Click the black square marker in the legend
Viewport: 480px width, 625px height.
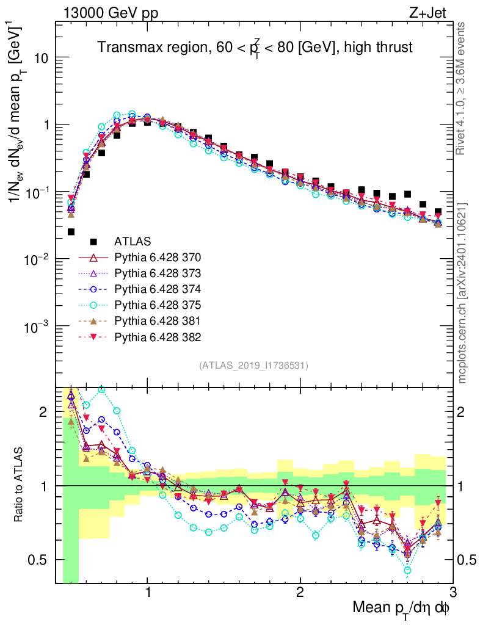pos(93,242)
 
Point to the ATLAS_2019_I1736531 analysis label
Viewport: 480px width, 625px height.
pos(253,366)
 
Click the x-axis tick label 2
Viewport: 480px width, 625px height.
pos(300,593)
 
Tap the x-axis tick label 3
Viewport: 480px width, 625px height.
pos(452,593)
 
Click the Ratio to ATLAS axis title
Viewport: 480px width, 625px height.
pos(20,485)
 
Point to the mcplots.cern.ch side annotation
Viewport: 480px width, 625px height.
pos(462,293)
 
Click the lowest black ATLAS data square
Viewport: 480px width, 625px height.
pos(71,232)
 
